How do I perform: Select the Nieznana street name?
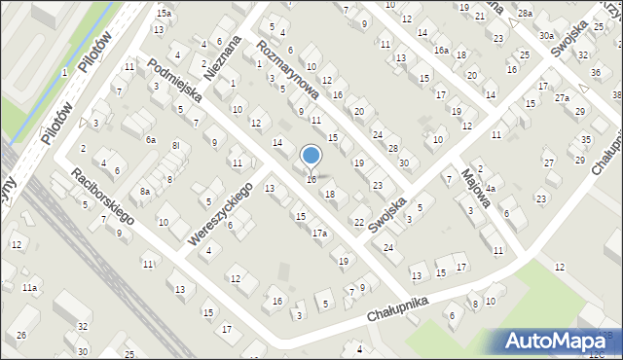(223, 57)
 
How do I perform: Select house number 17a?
(319, 234)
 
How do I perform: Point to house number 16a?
(441, 50)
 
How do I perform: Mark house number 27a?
(562, 98)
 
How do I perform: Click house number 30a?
(546, 35)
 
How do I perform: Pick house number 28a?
(526, 13)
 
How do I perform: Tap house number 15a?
(165, 13)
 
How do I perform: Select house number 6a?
(151, 140)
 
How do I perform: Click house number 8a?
(145, 193)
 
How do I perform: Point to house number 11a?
(30, 288)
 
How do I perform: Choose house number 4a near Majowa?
(492, 188)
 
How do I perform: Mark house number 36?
(596, 74)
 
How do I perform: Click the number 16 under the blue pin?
(311, 179)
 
